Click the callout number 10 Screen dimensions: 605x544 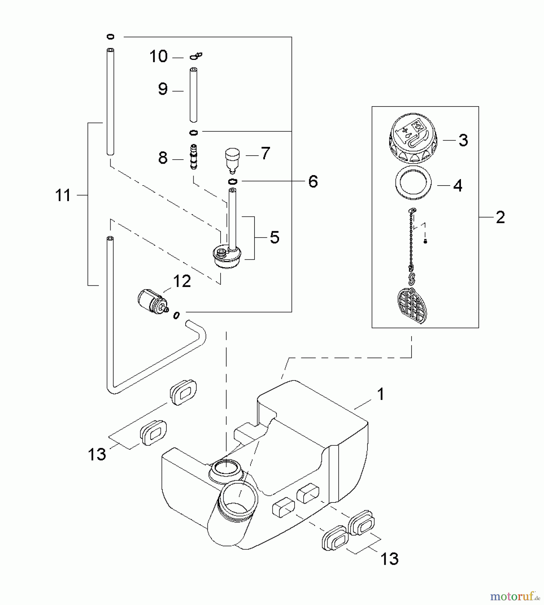click(158, 56)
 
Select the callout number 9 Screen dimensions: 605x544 click(163, 89)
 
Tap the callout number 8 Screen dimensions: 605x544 click(163, 158)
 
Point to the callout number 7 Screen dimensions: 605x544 click(265, 154)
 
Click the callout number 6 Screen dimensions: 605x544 click(313, 182)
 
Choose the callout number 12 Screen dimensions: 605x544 click(182, 281)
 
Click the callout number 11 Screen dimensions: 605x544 click(63, 195)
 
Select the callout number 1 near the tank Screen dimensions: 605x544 click(381, 394)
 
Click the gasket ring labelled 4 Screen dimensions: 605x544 click(413, 183)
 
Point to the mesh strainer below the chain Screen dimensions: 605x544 click(412, 305)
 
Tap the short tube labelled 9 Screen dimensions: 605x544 click(193, 95)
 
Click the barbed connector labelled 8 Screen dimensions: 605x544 click(193, 157)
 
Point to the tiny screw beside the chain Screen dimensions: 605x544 click(425, 241)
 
